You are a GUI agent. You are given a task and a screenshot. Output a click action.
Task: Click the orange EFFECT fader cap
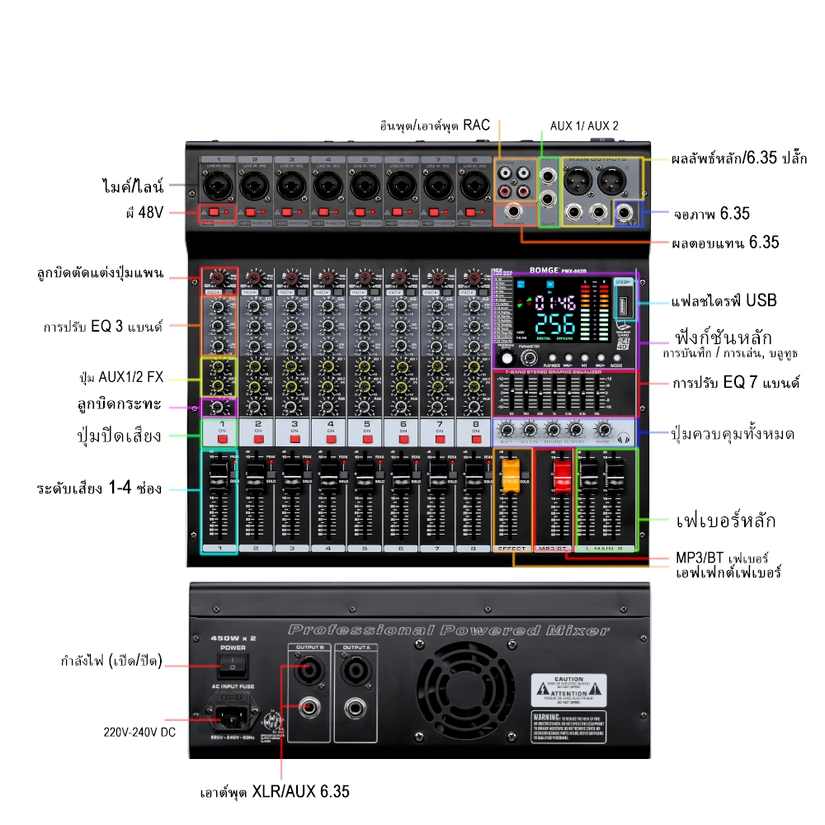coord(511,472)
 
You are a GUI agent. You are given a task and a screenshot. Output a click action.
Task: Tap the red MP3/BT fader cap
coord(562,472)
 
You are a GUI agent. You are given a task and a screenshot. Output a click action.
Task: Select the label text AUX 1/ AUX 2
coord(584,126)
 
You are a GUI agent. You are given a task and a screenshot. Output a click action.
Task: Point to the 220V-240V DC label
coord(139,731)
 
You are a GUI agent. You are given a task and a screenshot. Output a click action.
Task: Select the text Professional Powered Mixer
coord(450,631)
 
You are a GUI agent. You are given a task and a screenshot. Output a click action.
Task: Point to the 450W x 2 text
coord(233,637)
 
